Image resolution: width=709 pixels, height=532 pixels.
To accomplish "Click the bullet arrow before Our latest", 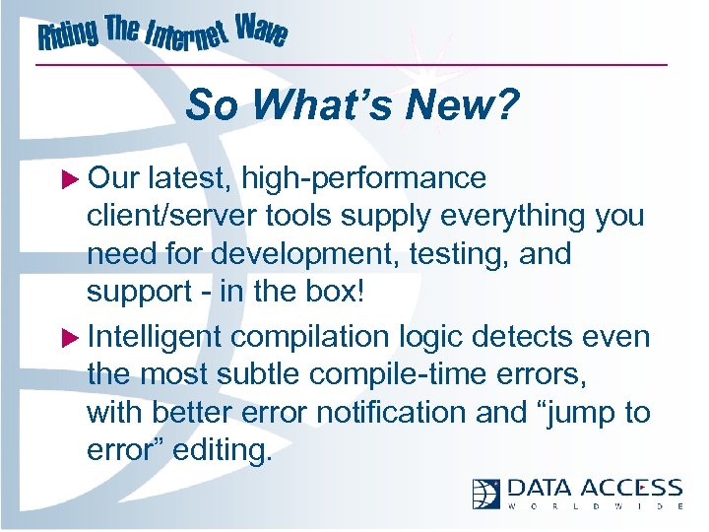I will point(71,178).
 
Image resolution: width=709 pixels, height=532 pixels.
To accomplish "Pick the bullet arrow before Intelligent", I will point(71,338).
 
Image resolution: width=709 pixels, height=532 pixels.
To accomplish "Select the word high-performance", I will point(364,178).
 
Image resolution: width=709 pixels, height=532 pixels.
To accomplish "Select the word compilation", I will point(311,337).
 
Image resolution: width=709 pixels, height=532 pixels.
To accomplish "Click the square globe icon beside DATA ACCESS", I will point(486,494).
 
